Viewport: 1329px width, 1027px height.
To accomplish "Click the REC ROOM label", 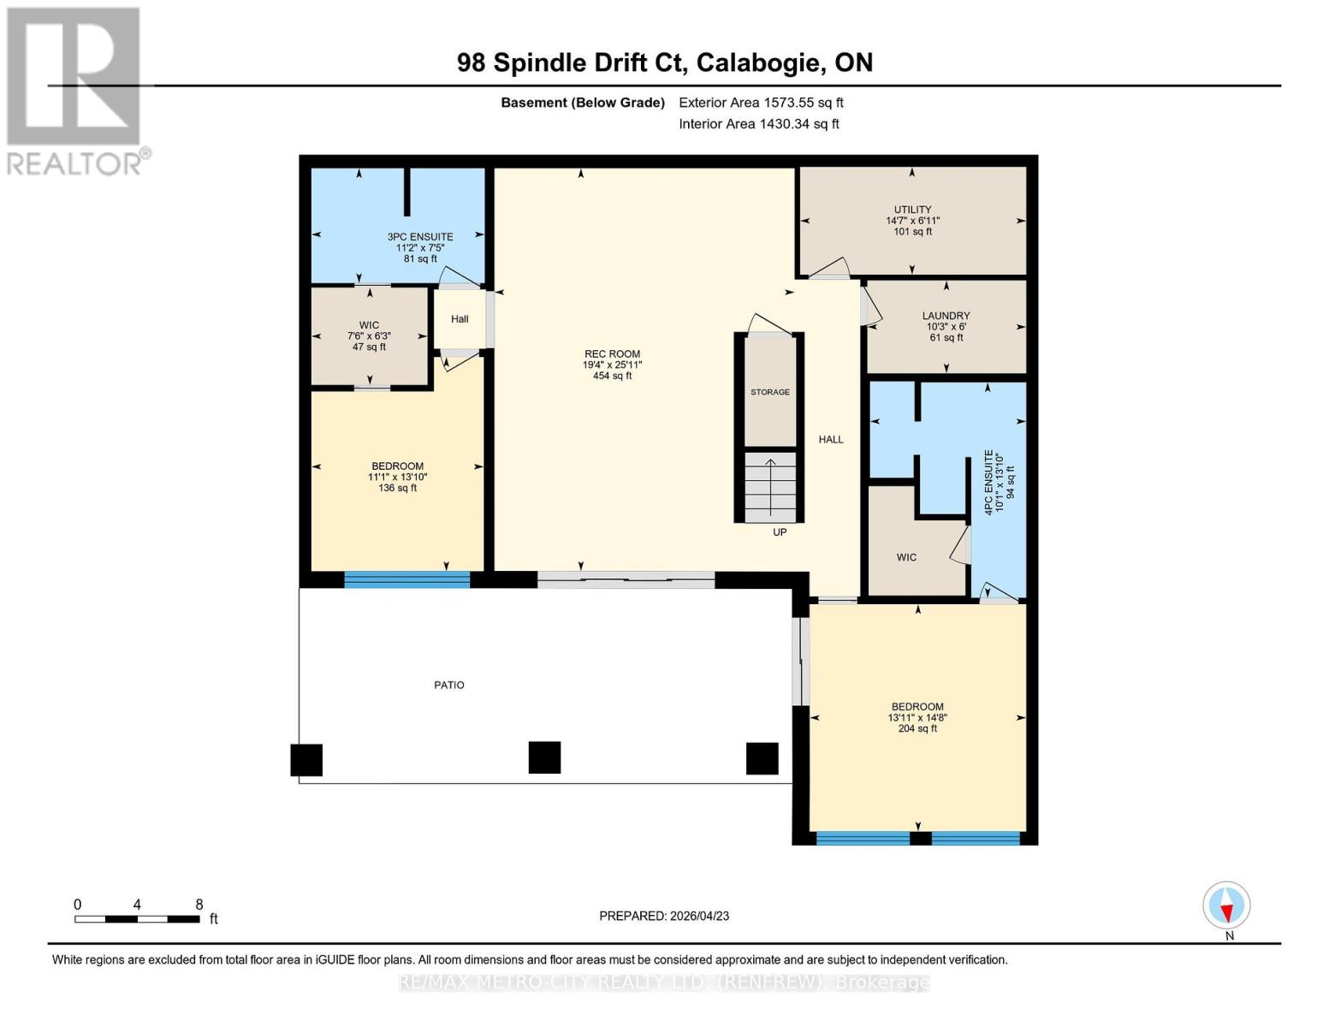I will tap(612, 354).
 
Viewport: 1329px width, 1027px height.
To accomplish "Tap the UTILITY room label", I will tap(912, 210).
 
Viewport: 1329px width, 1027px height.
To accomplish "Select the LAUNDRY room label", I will tap(946, 316).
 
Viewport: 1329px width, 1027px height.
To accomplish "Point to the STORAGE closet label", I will tap(770, 392).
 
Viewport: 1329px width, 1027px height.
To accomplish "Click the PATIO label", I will tap(449, 685).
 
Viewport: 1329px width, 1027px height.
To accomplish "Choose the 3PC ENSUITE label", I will tap(420, 237).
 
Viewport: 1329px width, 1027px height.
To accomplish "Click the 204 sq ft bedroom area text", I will tap(917, 729).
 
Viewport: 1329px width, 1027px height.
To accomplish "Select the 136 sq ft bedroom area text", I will tap(397, 489).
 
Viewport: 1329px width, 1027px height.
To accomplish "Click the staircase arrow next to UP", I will tap(770, 488).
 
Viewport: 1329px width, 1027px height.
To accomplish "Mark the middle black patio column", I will tap(544, 757).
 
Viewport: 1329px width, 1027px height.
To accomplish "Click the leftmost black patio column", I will tap(306, 760).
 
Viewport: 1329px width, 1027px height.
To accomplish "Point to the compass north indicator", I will tap(1227, 905).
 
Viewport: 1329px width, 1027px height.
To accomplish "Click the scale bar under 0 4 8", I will tap(137, 919).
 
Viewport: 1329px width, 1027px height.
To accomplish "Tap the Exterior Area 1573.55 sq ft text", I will tap(761, 103).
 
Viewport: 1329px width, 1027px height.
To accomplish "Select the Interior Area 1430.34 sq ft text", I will tap(759, 124).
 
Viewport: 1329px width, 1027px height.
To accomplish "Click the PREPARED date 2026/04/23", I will tap(664, 916).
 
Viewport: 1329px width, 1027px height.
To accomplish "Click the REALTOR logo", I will tap(75, 91).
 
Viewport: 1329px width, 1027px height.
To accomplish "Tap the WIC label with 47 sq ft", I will tap(369, 325).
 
